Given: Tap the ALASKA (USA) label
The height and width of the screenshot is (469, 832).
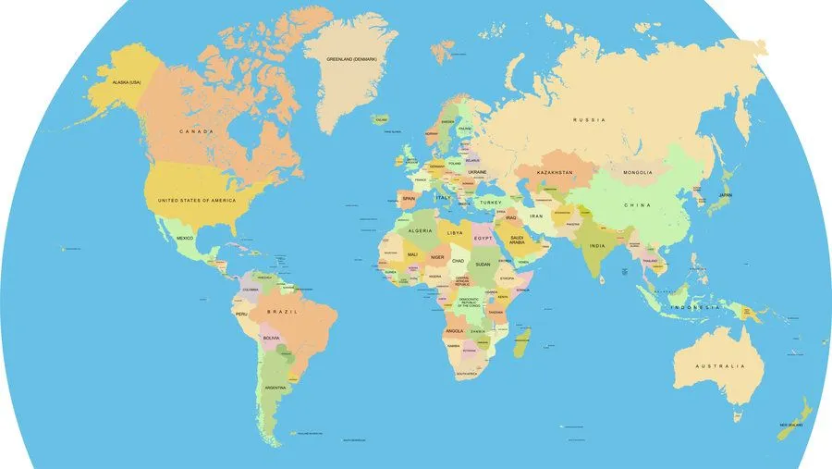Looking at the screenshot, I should (127, 82).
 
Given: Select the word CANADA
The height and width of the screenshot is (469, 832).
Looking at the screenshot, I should (196, 131).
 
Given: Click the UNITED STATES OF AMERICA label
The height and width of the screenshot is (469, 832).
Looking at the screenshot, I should (197, 200).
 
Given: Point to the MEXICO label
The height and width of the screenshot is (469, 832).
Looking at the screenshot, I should (185, 238).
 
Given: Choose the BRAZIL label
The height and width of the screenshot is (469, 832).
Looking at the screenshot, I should (281, 313).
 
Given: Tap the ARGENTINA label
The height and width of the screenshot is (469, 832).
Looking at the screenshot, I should (276, 388).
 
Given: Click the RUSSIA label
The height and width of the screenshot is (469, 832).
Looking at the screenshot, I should (588, 120).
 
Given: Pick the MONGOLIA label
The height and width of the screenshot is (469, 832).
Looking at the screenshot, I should (638, 172).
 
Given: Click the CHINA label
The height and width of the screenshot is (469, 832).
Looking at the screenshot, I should (637, 204).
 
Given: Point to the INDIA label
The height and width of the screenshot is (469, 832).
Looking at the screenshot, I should (598, 245).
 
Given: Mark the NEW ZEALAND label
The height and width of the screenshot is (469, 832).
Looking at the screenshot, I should (790, 425).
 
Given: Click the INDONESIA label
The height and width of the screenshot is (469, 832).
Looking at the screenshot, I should (694, 307).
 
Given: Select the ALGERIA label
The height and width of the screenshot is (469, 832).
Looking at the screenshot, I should (420, 229).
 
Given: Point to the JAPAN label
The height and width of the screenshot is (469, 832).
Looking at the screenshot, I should (726, 195).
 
